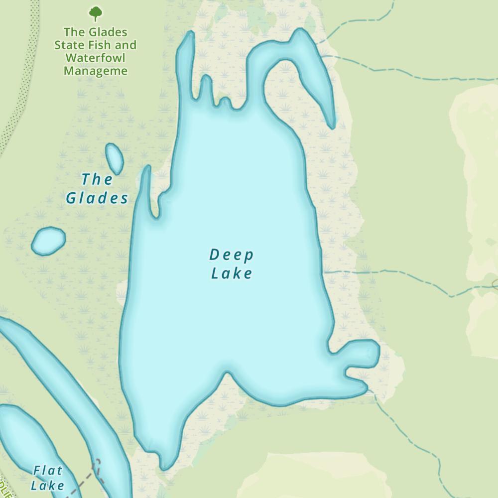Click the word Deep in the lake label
click(232, 255)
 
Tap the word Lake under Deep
click(232, 273)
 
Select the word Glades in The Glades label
click(97, 198)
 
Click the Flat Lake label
click(47, 478)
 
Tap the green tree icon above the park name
click(95, 13)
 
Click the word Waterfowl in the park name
click(96, 58)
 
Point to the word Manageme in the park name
click(96, 71)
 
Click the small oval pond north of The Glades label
click(115, 158)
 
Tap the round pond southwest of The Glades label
click(48, 241)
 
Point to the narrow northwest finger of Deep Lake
click(186, 65)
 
